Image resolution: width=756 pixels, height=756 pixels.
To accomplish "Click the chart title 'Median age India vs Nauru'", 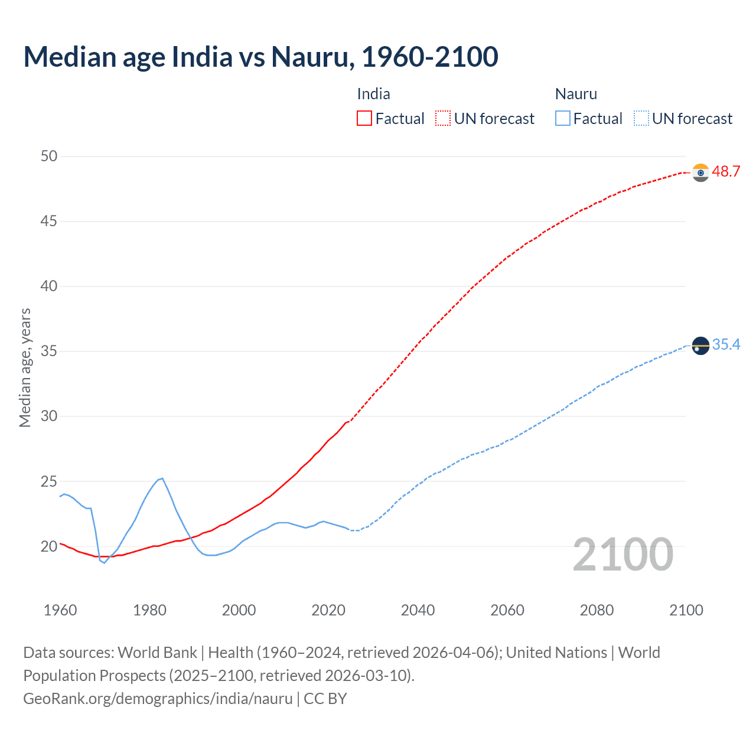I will point(260,57).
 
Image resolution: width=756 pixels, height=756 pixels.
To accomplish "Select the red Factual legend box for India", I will point(364,118).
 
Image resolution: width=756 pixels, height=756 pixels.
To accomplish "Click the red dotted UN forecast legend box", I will point(443,118).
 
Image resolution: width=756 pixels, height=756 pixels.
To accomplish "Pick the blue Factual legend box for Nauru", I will point(562,118).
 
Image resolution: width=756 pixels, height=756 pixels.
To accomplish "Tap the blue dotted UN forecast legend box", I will point(641,118).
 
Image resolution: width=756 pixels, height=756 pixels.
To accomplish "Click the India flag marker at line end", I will point(700,172).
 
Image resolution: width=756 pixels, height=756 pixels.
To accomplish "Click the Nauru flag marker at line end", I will point(700,346).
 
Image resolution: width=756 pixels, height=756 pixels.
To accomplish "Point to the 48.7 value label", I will point(726,172).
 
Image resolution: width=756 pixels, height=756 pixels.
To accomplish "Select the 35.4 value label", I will point(726,345).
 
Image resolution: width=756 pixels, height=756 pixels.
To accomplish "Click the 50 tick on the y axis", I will point(49,157).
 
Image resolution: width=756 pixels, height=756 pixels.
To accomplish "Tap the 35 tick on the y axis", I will point(49,351).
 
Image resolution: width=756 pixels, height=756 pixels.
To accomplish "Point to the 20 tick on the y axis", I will point(49,546).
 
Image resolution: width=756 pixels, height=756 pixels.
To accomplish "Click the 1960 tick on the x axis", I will point(60,610).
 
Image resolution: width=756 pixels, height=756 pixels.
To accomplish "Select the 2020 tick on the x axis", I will point(328,610).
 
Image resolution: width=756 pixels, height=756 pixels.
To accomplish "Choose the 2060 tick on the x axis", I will point(507,610).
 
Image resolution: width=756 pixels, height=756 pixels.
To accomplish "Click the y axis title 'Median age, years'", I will point(25,367).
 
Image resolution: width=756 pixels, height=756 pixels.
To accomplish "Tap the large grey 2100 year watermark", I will point(623,555).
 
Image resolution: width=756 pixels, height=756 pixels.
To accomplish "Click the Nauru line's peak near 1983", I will point(162,478).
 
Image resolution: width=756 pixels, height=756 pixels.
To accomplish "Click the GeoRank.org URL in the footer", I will point(158,699).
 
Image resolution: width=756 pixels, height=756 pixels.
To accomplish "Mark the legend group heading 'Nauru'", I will point(576,94).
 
